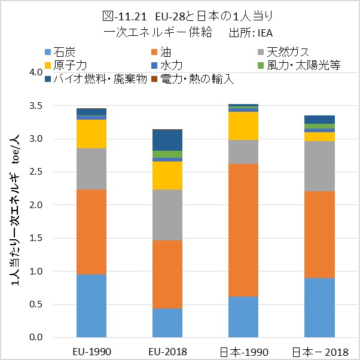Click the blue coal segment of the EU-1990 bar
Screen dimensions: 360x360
(x=91, y=306)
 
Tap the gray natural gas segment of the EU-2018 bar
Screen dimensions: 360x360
(x=167, y=215)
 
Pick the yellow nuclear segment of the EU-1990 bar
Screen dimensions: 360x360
(x=91, y=134)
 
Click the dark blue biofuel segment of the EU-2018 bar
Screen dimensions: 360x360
(x=167, y=140)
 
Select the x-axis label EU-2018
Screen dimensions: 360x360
(x=167, y=350)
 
